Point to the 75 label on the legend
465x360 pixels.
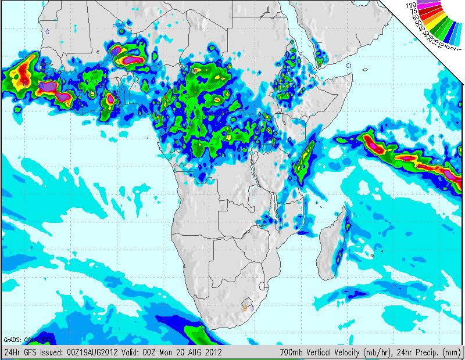413,11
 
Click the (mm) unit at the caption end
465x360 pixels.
452,352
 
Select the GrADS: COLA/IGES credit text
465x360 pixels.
28,340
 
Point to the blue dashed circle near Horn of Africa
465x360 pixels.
348,66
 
